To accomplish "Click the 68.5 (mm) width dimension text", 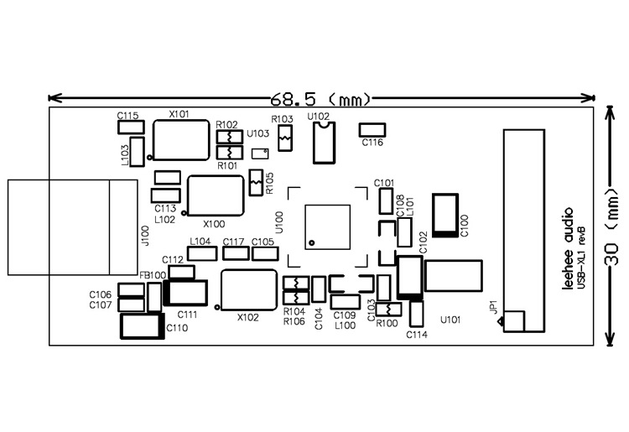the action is (320, 99).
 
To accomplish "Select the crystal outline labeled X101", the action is (181, 140).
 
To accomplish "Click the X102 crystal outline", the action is (249, 290).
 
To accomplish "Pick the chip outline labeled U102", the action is (324, 143).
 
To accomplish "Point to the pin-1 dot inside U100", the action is (312, 242).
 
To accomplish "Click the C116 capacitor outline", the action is (372, 130).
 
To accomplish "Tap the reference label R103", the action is (282, 119).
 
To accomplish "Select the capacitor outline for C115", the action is (131, 128).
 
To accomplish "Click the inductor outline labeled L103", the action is (138, 152).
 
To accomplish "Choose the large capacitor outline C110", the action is (143, 326).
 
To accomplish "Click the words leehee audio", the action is (569, 248).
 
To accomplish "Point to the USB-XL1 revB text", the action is (581, 258).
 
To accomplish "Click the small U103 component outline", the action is (260, 154).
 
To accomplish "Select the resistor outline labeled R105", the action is (256, 183).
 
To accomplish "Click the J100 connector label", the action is (145, 236).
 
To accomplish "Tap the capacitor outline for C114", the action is (417, 314).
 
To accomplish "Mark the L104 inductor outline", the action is (203, 253).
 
